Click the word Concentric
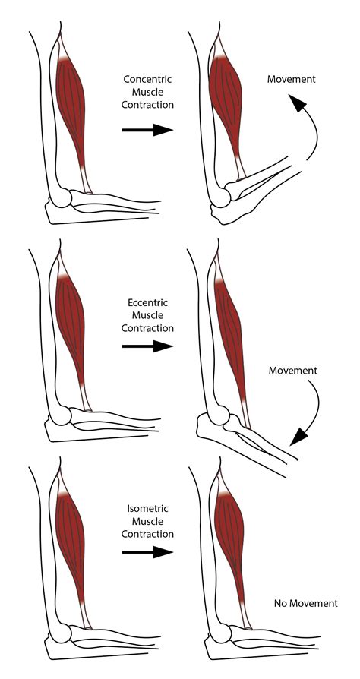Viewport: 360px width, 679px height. coord(147,78)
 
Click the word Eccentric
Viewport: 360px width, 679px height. coord(147,302)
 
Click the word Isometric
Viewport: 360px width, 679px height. coord(147,508)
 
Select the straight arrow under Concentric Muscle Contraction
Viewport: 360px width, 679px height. coord(147,131)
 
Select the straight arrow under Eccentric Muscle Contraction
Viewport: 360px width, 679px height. coord(147,346)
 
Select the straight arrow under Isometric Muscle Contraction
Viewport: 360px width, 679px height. coord(147,551)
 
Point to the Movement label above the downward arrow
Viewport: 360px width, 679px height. coord(292,371)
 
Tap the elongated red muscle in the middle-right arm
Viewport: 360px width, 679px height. coord(232,334)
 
